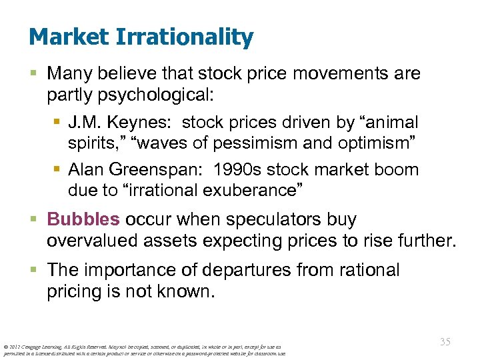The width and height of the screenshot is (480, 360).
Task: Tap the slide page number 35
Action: click(445, 341)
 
